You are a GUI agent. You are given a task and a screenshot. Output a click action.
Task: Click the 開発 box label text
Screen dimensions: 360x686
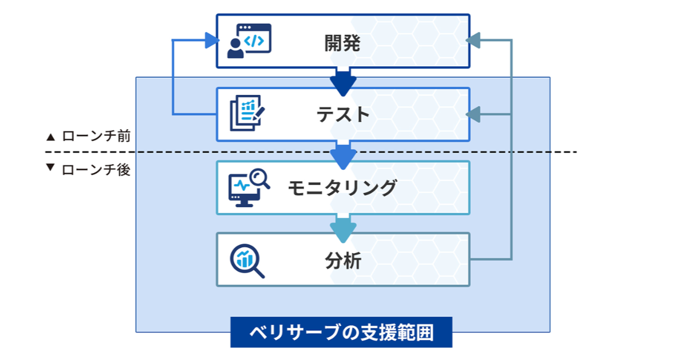pyautogui.click(x=342, y=43)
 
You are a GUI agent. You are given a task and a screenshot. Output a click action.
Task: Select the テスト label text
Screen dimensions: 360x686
pyautogui.click(x=342, y=115)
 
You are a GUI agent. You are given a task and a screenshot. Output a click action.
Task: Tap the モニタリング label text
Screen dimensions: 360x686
pyautogui.click(x=342, y=187)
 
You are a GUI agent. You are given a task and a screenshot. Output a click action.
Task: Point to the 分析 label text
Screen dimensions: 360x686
pyautogui.click(x=342, y=261)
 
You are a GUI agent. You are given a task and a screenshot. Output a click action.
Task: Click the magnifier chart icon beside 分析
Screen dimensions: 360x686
pyautogui.click(x=246, y=261)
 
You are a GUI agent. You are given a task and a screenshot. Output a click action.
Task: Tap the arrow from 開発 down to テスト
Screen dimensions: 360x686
pyautogui.click(x=343, y=81)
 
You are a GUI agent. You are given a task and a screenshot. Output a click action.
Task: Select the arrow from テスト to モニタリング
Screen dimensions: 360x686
pyautogui.click(x=343, y=154)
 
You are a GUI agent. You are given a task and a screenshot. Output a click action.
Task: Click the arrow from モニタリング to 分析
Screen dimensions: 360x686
pyautogui.click(x=343, y=226)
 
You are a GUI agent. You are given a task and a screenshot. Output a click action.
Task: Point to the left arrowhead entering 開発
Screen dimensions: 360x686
pyautogui.click(x=212, y=41)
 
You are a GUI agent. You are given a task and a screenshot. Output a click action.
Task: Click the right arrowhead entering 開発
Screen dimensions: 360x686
pyautogui.click(x=474, y=41)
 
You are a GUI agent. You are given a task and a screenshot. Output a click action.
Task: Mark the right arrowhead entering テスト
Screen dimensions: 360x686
pyautogui.click(x=474, y=115)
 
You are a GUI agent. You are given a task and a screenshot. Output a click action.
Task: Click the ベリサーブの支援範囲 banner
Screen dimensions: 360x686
pyautogui.click(x=341, y=332)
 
